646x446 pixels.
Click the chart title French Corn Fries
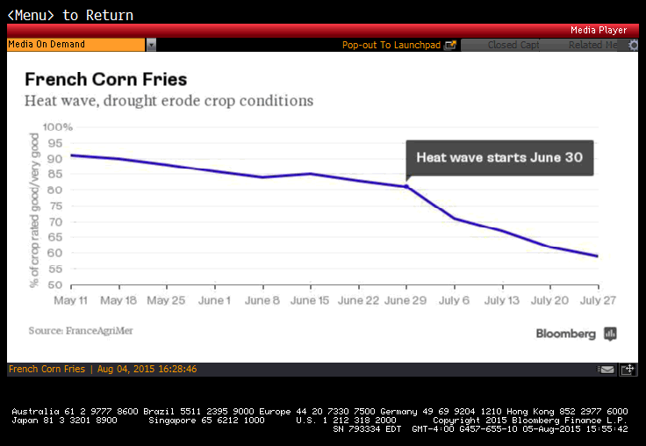(x=105, y=80)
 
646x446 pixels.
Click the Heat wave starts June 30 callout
(x=499, y=158)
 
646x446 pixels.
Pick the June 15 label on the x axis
(x=311, y=300)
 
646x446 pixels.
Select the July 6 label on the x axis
(x=455, y=300)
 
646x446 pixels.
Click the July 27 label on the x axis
(x=598, y=300)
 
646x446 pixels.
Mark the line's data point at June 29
(x=406, y=186)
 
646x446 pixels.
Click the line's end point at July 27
(x=598, y=256)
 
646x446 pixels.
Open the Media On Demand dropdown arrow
(x=151, y=45)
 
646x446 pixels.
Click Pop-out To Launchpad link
(x=399, y=45)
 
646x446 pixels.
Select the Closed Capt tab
(x=514, y=45)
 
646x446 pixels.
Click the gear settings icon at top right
(x=634, y=45)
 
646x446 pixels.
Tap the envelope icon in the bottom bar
(x=607, y=370)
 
